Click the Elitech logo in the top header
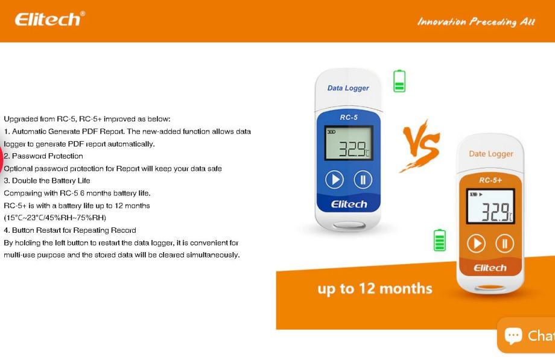click(49, 19)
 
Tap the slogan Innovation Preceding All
click(476, 22)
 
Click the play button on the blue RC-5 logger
click(334, 180)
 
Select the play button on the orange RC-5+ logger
click(476, 244)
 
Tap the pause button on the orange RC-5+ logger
click(504, 244)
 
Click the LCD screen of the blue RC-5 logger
click(349, 143)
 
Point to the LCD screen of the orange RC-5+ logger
click(490, 206)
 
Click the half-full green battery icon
click(399, 81)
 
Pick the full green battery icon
click(440, 240)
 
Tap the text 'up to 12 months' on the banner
click(375, 289)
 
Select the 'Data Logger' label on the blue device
click(348, 88)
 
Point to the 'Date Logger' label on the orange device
click(491, 154)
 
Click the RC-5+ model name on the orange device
click(490, 180)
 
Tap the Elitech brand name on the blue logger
click(349, 204)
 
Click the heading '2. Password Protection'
click(43, 156)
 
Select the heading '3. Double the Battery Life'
click(46, 180)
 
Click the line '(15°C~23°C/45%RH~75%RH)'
click(55, 217)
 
